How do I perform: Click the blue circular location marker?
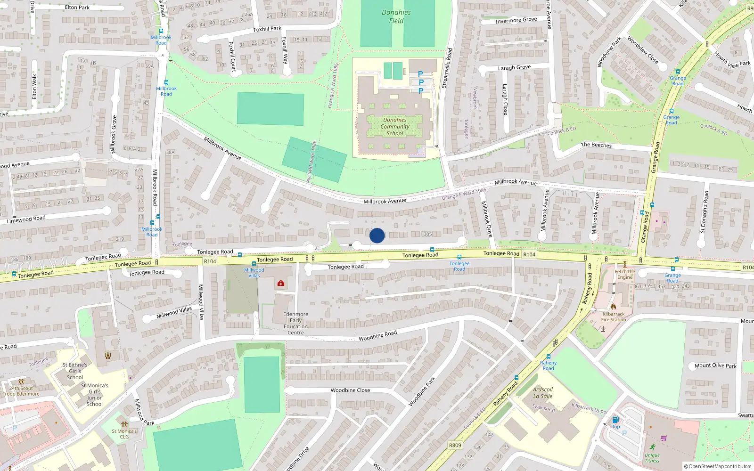pyautogui.click(x=377, y=235)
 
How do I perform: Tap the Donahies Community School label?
pyautogui.click(x=395, y=127)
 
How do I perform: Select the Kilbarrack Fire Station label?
pyautogui.click(x=614, y=317)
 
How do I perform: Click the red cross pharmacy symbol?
pyautogui.click(x=281, y=283)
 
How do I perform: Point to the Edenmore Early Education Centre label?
pyautogui.click(x=295, y=323)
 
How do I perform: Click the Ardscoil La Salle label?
pyautogui.click(x=543, y=393)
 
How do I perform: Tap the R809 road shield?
pyautogui.click(x=455, y=445)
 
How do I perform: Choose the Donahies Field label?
pyautogui.click(x=396, y=16)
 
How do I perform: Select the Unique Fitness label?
pyautogui.click(x=652, y=458)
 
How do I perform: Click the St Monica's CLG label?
pyautogui.click(x=124, y=434)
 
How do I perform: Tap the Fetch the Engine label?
pyautogui.click(x=625, y=274)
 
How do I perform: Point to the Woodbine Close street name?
pyautogui.click(x=350, y=390)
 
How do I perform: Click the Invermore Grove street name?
pyautogui.click(x=516, y=20)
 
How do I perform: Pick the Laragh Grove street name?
pyautogui.click(x=514, y=68)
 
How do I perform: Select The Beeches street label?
pyautogui.click(x=596, y=145)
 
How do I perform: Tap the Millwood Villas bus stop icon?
pyautogui.click(x=254, y=264)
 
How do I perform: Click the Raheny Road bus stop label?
pyautogui.click(x=548, y=365)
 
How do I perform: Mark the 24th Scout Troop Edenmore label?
pyautogui.click(x=21, y=391)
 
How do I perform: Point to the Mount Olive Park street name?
pyautogui.click(x=715, y=365)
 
